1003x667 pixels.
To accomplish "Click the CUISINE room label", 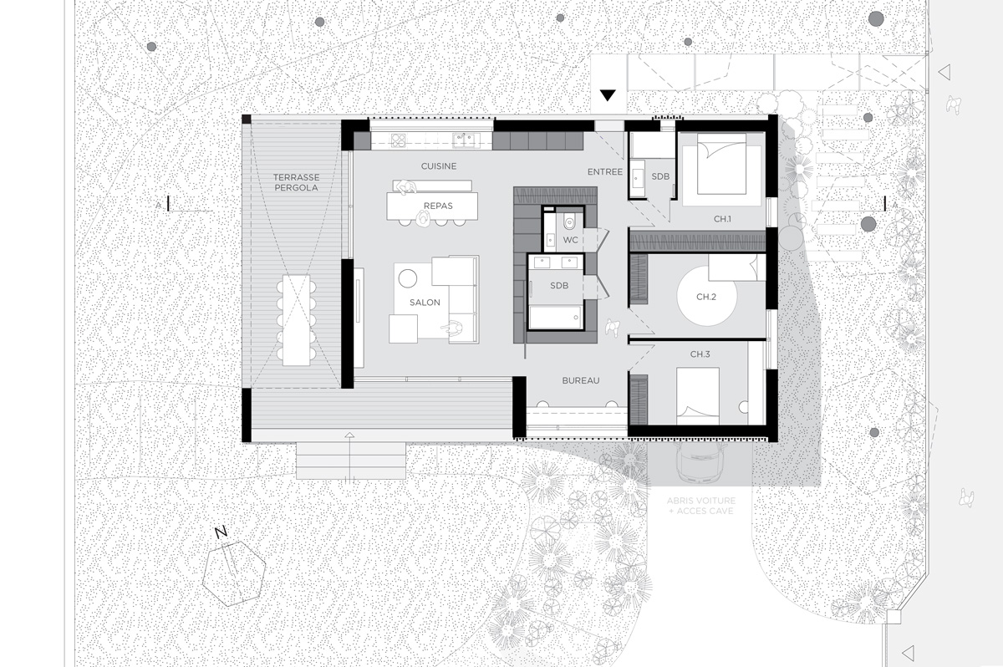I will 439,166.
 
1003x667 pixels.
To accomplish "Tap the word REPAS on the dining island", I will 438,205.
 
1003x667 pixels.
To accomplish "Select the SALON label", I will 425,303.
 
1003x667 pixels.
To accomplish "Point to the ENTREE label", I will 605,171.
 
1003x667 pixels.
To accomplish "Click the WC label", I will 571,240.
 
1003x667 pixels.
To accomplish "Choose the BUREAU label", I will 581,380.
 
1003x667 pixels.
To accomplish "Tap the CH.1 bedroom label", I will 722,219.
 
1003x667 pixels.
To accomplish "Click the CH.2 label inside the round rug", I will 706,297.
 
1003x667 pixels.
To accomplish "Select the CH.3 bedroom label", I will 700,355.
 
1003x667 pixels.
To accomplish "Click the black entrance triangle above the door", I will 608,95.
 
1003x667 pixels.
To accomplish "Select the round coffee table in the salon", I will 408,277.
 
